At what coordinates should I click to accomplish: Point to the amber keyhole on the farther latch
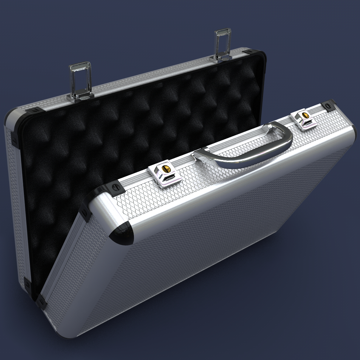[x=306, y=115]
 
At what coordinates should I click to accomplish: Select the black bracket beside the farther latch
[x=329, y=105]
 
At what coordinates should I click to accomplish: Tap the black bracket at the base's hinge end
[x=41, y=301]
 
